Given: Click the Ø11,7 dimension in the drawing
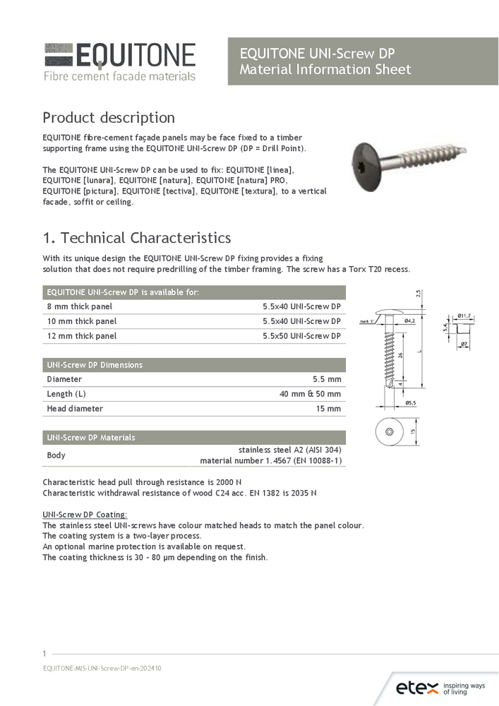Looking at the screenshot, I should point(464,316).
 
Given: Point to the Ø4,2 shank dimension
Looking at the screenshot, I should point(409,321).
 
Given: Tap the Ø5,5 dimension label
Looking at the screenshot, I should point(409,402).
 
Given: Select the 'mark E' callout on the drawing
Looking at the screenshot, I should point(366,321).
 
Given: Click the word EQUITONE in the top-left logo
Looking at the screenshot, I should point(135,56).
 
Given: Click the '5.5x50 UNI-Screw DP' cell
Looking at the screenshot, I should point(301,336).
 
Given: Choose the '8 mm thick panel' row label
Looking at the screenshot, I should point(80,306).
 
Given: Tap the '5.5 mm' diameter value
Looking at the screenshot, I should point(327,379).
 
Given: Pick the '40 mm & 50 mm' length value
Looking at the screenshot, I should point(310,394).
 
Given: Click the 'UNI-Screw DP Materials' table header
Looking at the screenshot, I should point(91,438).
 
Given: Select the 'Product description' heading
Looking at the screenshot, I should point(109,117).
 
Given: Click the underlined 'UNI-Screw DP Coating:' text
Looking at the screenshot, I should point(85,515).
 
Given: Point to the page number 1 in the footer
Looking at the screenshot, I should point(44,654).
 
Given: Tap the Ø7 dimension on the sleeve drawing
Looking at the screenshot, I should point(464,345).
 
